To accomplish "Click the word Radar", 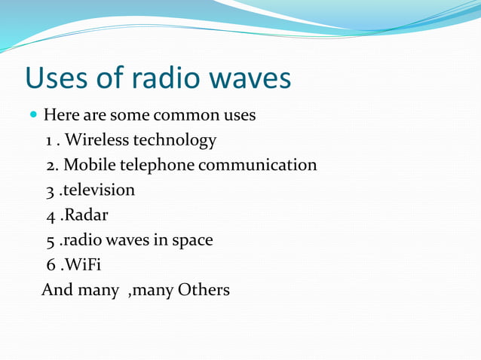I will [85, 215].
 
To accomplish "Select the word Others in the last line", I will [204, 290].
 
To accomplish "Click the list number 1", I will [49, 141].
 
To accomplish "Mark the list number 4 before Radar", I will [50, 216].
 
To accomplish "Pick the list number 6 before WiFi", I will [50, 266].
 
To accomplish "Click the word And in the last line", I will [57, 290].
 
